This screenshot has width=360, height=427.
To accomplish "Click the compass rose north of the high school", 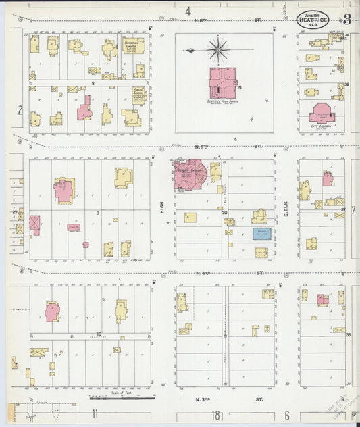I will pyautogui.click(x=217, y=49).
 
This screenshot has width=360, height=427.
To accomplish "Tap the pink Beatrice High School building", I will pyautogui.click(x=223, y=82).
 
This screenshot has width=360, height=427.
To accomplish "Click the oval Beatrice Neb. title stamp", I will pyautogui.click(x=313, y=19).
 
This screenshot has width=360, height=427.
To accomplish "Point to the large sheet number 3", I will pyautogui.click(x=346, y=19).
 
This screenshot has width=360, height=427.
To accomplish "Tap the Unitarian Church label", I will pyautogui.click(x=133, y=45).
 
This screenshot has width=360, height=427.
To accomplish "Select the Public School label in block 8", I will pyautogui.click(x=139, y=93).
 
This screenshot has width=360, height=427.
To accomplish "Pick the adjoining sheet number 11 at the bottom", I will pyautogui.click(x=95, y=413).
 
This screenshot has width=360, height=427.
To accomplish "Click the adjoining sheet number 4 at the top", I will pyautogui.click(x=188, y=11).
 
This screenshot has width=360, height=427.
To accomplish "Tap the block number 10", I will pyautogui.click(x=98, y=334).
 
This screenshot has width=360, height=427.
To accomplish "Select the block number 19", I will pyautogui.click(x=226, y=336).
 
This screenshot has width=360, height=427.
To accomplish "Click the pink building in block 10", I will pyautogui.click(x=53, y=311).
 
